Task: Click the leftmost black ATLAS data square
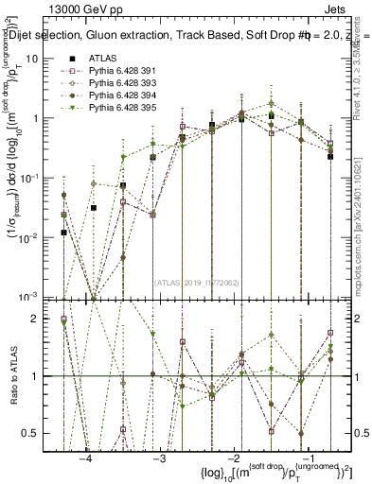pyautogui.click(x=63, y=232)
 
